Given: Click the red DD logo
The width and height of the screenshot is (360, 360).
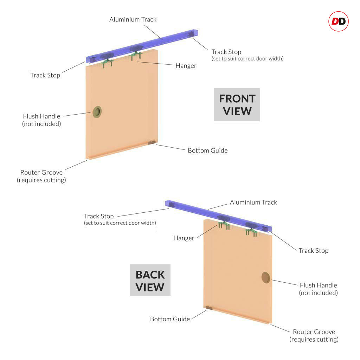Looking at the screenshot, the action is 339,21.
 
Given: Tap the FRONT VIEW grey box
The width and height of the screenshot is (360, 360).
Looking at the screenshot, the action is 237,105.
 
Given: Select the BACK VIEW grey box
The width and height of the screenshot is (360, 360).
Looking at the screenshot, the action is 150,280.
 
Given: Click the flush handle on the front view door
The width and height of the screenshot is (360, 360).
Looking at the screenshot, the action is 97,112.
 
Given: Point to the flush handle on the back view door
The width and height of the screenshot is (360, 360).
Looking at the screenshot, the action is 266,278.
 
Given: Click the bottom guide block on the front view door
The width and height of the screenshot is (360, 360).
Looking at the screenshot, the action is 152,143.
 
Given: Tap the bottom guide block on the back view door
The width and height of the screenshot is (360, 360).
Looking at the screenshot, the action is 209,308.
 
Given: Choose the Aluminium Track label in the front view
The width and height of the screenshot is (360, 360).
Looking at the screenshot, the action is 133,20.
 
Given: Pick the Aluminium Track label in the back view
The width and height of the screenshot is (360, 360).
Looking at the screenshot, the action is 253,202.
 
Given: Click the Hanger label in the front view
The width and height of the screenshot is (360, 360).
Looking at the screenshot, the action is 186,66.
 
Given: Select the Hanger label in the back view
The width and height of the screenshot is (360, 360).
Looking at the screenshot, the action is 184,238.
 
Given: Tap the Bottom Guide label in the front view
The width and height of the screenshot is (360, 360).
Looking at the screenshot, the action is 208,150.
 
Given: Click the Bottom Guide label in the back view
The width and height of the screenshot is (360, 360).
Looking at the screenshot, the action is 170,319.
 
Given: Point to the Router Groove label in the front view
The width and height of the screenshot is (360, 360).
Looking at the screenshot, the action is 41,176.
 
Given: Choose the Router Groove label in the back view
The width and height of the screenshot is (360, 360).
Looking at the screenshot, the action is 314,335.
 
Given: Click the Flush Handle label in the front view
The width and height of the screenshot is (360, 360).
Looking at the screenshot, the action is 41,120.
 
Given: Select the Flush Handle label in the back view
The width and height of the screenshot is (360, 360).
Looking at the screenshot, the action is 319,289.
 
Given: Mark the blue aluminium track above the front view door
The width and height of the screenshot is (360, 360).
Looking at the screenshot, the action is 142,46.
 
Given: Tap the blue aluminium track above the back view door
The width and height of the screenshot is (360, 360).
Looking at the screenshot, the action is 218,216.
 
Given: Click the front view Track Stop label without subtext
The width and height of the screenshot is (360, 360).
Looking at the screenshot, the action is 45,75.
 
